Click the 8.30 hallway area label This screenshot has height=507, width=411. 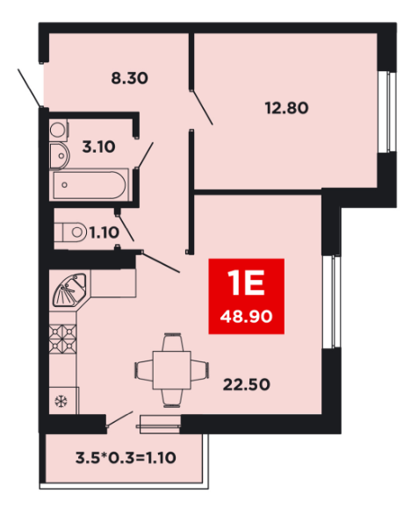tap(129, 78)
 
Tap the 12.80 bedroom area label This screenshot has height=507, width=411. tap(286, 108)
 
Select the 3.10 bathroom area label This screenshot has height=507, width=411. tap(98, 147)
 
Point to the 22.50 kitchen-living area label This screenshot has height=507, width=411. tap(247, 385)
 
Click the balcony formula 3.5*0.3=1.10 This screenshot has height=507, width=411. tap(126, 458)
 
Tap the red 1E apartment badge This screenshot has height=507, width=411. tap(246, 296)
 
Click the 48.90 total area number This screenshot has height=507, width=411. tap(246, 317)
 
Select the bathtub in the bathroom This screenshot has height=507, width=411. tap(90, 185)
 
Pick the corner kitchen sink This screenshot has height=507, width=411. tap(70, 290)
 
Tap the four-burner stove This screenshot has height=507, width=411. tap(62, 339)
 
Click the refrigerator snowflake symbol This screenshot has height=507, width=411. tap(61, 401)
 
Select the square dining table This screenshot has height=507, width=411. tap(172, 370)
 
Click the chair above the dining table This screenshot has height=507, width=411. tap(172, 342)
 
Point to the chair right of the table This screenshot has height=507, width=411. tap(200, 370)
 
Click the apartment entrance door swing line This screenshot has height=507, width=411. tap(30, 88)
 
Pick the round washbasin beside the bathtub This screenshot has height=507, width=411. tap(61, 156)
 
